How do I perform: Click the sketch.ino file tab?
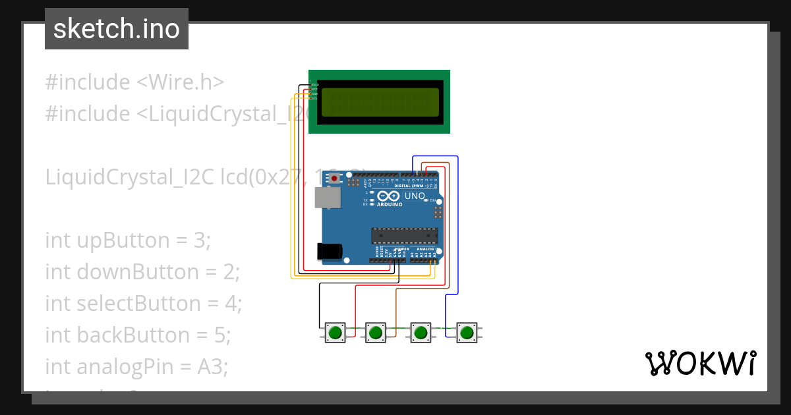point(117,29)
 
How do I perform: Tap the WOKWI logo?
point(700,363)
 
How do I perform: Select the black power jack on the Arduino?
point(329,251)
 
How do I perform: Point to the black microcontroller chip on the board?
point(404,235)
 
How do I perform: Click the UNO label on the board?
point(415,196)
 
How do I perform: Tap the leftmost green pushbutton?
point(336,332)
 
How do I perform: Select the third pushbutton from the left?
point(421,332)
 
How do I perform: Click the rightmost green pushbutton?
point(467,332)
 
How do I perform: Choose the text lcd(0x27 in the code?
point(261,177)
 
